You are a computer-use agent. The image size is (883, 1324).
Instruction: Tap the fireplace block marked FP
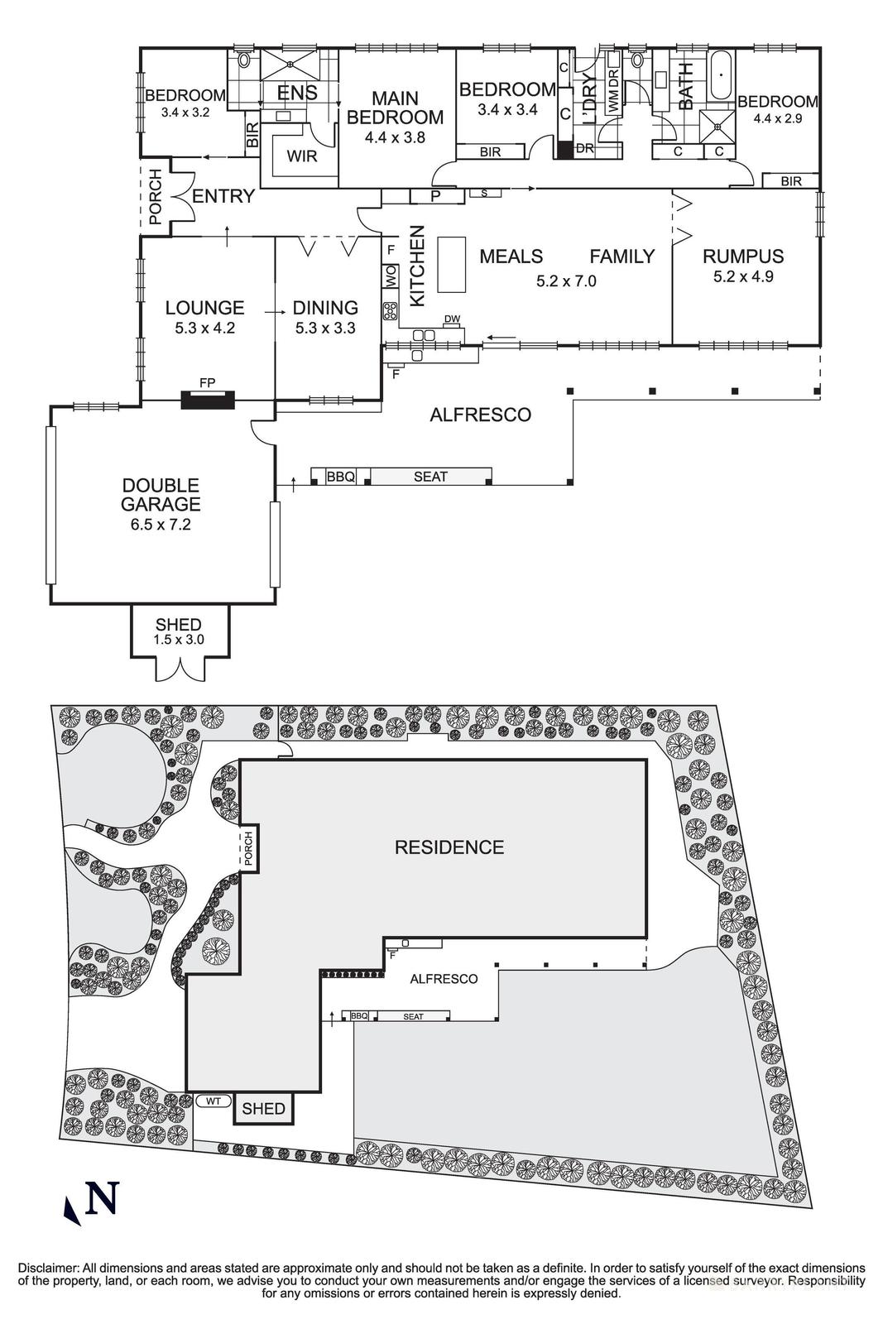click(208, 400)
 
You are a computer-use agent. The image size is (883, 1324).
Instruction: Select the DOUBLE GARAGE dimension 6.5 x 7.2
click(161, 524)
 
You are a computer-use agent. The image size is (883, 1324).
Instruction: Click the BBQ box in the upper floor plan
click(340, 477)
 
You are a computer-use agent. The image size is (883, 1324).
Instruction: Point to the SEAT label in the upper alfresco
click(430, 477)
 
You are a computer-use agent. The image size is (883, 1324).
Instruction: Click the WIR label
click(301, 156)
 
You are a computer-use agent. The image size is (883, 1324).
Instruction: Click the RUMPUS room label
click(742, 257)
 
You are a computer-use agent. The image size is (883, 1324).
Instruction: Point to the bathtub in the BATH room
click(722, 74)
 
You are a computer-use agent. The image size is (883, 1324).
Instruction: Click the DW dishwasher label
click(451, 319)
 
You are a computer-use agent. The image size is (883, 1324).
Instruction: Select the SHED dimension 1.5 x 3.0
click(179, 640)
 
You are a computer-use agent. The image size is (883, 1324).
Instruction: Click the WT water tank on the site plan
click(213, 1101)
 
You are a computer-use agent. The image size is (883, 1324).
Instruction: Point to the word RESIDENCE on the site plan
click(449, 847)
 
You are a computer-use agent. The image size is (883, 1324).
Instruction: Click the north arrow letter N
click(103, 1198)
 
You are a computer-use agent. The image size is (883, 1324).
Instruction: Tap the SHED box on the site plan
click(264, 1109)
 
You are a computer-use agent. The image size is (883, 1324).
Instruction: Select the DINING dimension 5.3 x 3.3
click(325, 328)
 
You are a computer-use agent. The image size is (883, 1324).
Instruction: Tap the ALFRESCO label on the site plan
click(444, 979)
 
